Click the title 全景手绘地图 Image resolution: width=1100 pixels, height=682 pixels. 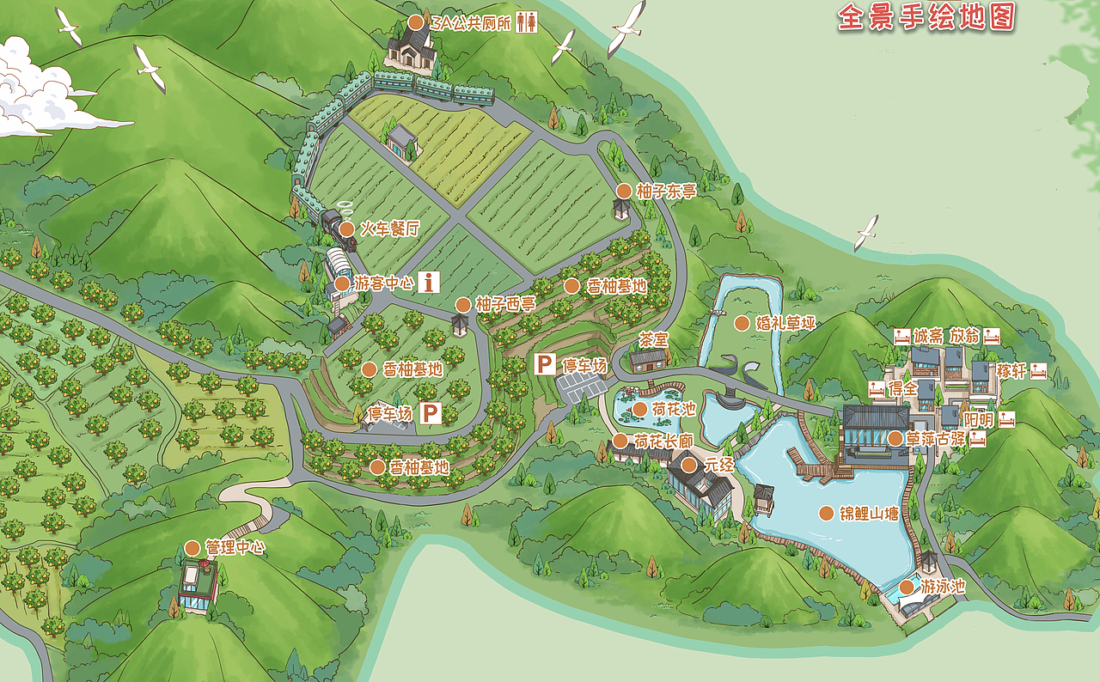926,17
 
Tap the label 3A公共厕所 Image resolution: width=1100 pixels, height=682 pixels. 471,23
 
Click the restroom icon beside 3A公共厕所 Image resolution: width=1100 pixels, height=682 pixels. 527,23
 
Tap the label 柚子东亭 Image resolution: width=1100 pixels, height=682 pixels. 666,192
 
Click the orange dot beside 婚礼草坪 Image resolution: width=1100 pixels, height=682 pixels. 741,323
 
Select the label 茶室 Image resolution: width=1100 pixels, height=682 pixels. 653,340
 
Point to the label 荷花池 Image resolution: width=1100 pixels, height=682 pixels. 674,409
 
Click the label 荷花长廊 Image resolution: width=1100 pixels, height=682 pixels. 663,441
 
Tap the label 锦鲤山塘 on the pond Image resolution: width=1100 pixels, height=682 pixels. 869,514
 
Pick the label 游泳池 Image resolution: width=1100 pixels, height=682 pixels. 943,588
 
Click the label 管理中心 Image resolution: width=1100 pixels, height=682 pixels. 234,547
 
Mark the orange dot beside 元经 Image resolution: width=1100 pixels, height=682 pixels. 688,466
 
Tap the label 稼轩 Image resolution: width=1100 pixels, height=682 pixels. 1011,371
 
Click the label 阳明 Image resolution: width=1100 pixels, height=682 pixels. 978,419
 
